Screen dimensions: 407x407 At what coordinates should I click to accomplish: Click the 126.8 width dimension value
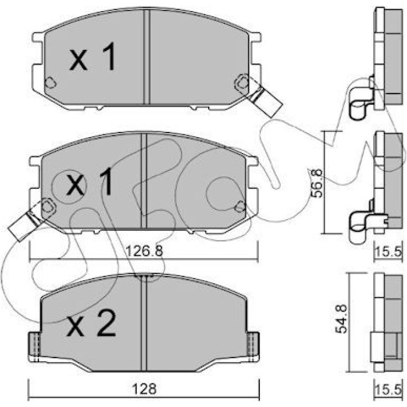(144, 251)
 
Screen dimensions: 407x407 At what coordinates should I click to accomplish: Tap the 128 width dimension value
(145, 389)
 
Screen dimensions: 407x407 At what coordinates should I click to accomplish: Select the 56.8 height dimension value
(317, 183)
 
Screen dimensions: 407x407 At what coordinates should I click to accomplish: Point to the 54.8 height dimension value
(341, 319)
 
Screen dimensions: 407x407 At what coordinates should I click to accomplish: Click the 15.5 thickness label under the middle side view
(388, 251)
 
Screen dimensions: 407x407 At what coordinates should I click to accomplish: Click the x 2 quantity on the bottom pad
(91, 323)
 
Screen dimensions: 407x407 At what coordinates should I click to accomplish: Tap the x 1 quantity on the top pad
(92, 56)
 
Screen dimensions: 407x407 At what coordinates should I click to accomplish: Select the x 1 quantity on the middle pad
(90, 181)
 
